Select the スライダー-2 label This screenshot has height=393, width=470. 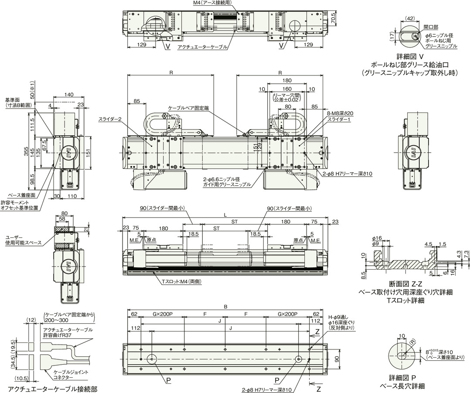point(110,120)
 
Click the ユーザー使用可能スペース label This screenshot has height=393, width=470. point(24,240)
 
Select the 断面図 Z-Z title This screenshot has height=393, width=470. point(405,285)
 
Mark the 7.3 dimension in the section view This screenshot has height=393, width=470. point(466,255)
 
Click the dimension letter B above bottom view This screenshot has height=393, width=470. point(225,307)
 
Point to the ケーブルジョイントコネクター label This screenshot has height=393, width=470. point(71,375)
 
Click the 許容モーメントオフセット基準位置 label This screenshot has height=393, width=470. point(20,205)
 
